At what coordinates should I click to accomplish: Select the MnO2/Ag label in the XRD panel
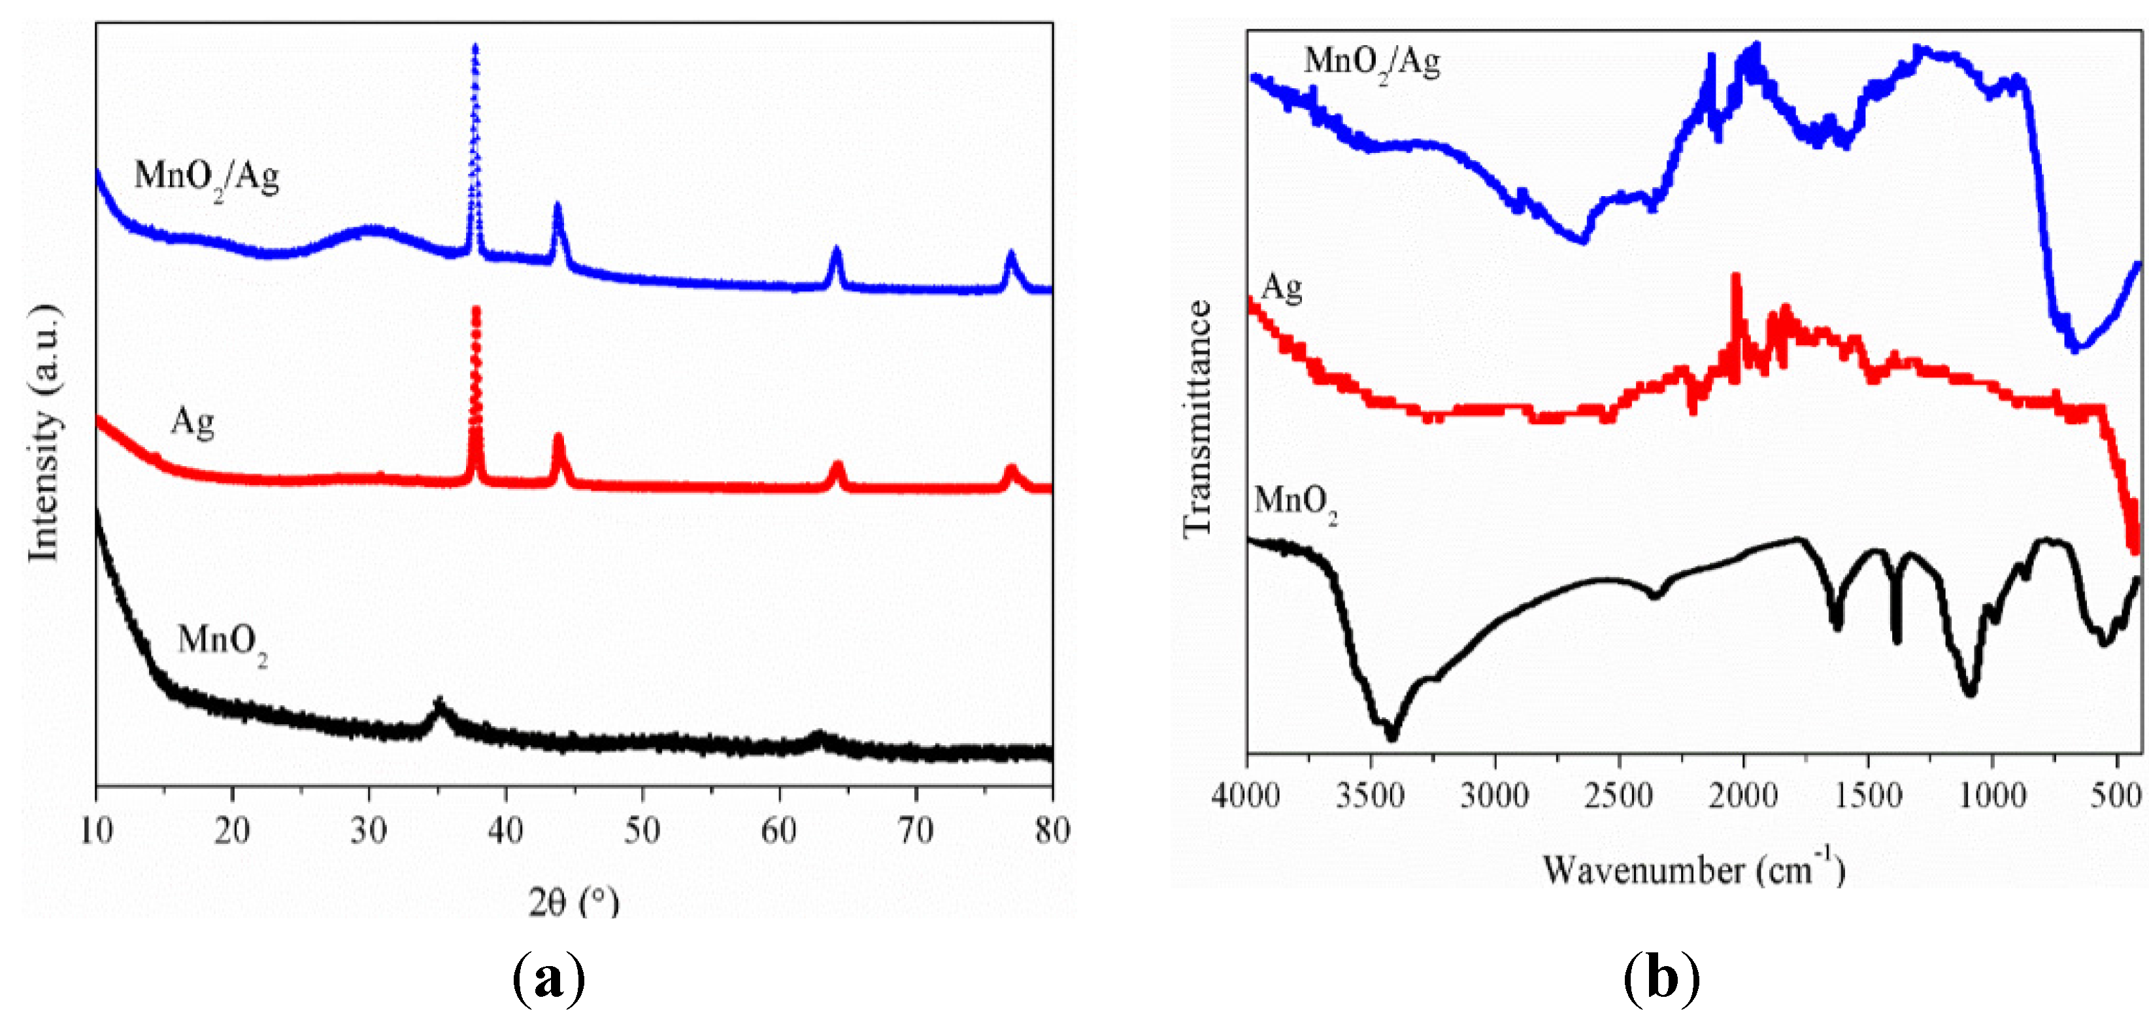[206, 178]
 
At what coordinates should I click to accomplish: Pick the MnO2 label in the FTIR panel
[1295, 503]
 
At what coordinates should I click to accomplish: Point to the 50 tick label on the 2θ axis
[642, 830]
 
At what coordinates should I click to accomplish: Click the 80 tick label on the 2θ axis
[1051, 830]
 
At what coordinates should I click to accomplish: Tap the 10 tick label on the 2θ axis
[97, 830]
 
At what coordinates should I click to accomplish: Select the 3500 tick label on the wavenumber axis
[1370, 795]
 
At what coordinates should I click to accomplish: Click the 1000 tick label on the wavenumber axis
[1992, 795]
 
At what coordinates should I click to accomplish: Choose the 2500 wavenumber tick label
[1618, 795]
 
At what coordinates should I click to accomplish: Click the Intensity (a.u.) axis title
[44, 434]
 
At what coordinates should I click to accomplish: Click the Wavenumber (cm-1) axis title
[1693, 869]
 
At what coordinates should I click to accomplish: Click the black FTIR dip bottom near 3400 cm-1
[1391, 737]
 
